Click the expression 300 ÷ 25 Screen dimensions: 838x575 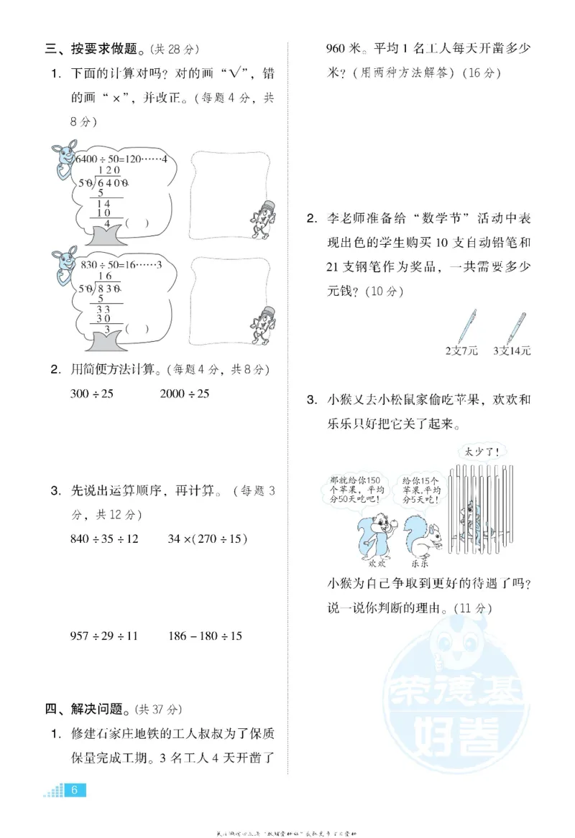click(x=92, y=394)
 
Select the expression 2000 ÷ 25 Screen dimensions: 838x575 click(x=184, y=394)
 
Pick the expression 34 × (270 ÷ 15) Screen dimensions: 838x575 click(x=208, y=538)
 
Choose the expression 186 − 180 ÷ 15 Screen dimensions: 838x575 click(x=205, y=636)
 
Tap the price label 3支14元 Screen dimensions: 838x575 click(x=512, y=351)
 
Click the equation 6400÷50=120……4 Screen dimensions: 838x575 click(x=121, y=159)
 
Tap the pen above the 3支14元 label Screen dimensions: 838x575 click(x=516, y=327)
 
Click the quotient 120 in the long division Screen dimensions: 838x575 click(x=108, y=171)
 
